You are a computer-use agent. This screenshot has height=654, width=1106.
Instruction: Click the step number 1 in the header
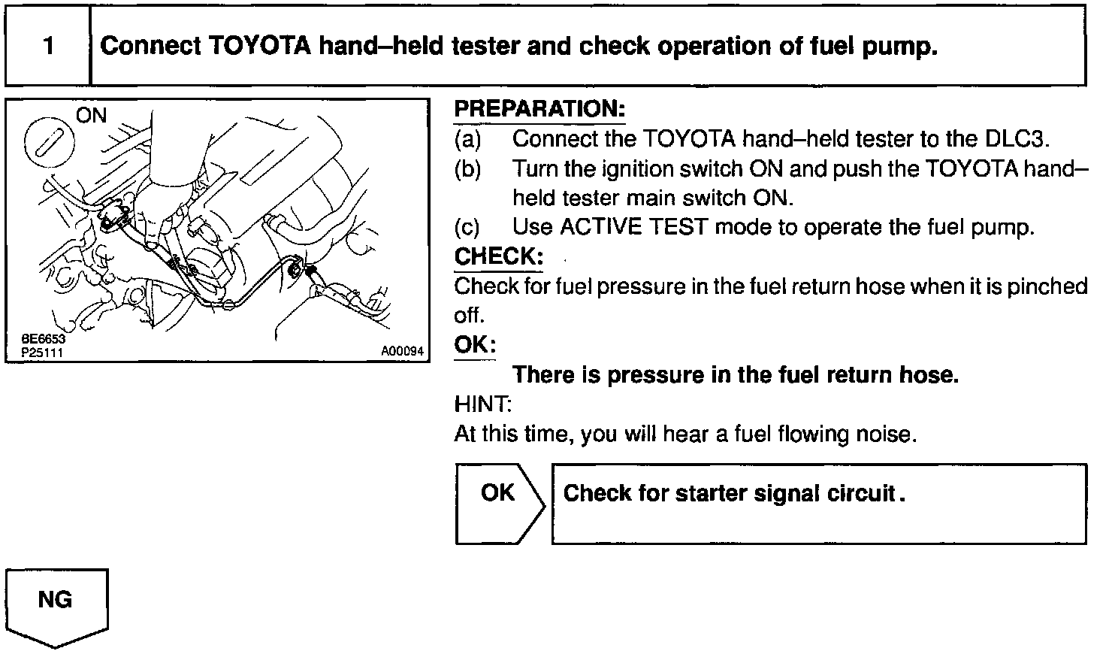tap(48, 47)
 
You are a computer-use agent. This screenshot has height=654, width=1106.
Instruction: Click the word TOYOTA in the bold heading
tap(258, 47)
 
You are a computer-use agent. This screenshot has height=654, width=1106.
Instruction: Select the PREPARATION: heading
tap(539, 109)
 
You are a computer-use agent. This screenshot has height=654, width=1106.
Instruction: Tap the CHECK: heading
tap(498, 256)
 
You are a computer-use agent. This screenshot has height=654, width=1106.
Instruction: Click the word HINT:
tap(482, 404)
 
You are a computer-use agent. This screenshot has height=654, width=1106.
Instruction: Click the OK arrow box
tap(498, 502)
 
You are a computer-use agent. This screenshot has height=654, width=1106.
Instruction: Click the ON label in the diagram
tap(92, 115)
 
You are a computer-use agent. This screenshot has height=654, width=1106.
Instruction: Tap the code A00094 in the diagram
tap(402, 351)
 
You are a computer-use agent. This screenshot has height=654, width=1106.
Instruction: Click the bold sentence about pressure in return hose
tap(735, 374)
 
